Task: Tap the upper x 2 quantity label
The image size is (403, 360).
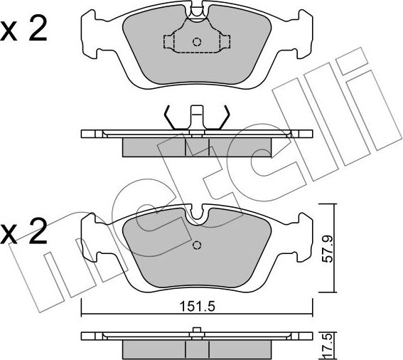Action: pyautogui.click(x=24, y=31)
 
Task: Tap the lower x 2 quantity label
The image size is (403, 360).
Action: pyautogui.click(x=24, y=231)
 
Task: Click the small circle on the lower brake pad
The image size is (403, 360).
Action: pyautogui.click(x=197, y=246)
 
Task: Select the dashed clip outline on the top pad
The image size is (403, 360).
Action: pyautogui.click(x=197, y=42)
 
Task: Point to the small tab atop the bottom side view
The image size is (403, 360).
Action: pyautogui.click(x=197, y=329)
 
